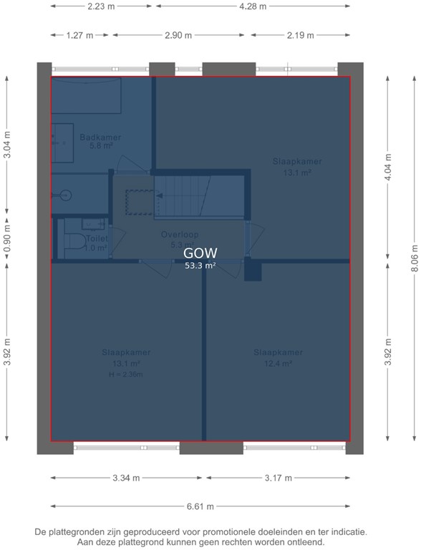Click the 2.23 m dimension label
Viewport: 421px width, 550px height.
click(100, 6)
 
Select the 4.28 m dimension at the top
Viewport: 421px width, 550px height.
click(252, 6)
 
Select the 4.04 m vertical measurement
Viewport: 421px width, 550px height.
click(387, 168)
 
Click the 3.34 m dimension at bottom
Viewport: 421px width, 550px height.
click(125, 478)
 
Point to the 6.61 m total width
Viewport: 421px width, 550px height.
click(200, 506)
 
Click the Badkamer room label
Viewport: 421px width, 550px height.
click(100, 137)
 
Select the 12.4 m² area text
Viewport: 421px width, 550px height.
click(279, 363)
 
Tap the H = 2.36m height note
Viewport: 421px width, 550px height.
click(126, 374)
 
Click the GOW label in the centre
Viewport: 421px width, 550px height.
click(200, 253)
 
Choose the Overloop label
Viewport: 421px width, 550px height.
click(179, 234)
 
